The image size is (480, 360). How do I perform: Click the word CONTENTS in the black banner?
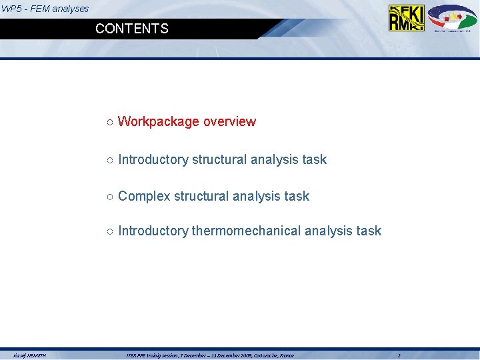click(x=132, y=29)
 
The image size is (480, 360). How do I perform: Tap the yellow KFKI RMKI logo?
click(x=406, y=18)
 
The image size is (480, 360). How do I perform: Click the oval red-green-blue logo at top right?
click(x=452, y=17)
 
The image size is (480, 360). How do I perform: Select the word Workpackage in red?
click(x=159, y=121)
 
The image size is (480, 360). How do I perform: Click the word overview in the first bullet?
click(x=229, y=121)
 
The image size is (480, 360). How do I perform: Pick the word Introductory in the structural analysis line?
click(x=153, y=159)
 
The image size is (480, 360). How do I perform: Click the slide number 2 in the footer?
click(x=399, y=356)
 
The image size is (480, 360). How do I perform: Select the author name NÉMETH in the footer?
click(x=36, y=356)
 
